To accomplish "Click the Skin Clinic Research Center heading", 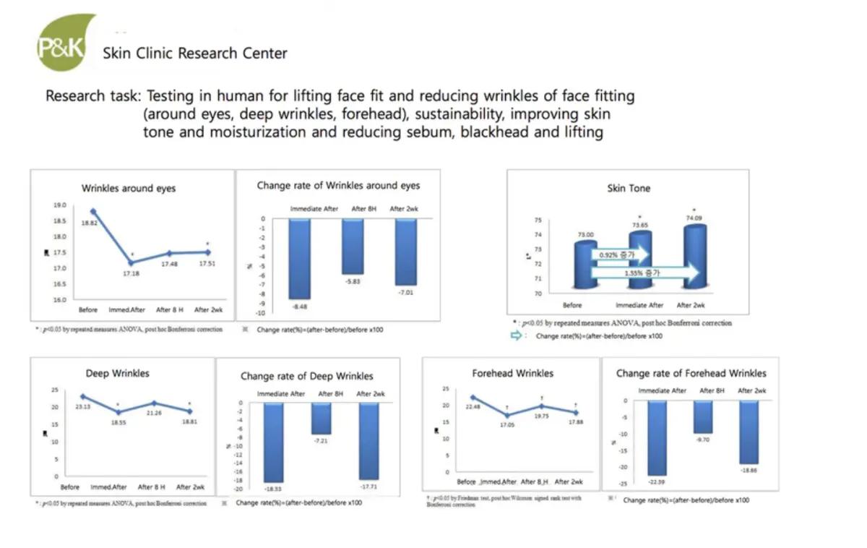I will tap(195, 53).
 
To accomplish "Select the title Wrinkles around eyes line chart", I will tap(129, 188).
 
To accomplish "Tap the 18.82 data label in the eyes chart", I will tap(88, 224).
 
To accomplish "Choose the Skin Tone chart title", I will tap(629, 188).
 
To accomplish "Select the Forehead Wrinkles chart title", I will tap(513, 373).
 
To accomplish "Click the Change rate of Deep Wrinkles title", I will tap(307, 376).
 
